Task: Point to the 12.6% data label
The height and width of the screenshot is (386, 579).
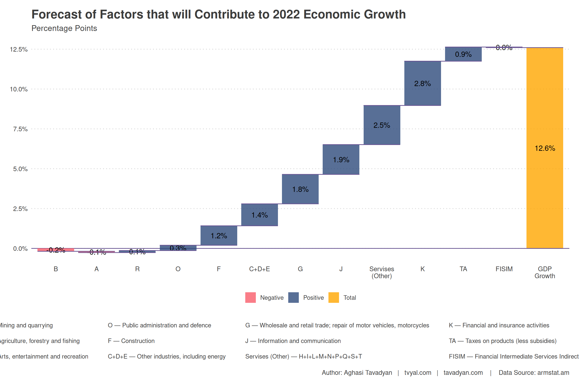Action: pyautogui.click(x=545, y=148)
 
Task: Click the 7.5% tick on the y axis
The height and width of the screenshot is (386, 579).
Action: pyautogui.click(x=20, y=129)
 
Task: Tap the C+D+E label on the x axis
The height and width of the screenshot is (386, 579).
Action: pyautogui.click(x=259, y=269)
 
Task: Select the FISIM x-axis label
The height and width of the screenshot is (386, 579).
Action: pyautogui.click(x=504, y=269)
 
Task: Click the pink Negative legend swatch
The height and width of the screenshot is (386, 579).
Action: pyautogui.click(x=250, y=298)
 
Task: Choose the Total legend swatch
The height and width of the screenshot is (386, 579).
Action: pyautogui.click(x=333, y=298)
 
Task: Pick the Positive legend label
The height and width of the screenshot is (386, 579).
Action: pyautogui.click(x=313, y=298)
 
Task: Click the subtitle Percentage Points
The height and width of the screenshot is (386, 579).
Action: pyautogui.click(x=64, y=28)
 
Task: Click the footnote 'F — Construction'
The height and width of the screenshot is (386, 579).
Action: pyautogui.click(x=131, y=341)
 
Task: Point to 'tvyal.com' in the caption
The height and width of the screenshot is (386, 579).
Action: pyautogui.click(x=418, y=372)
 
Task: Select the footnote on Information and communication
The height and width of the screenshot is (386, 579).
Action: pyautogui.click(x=293, y=341)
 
